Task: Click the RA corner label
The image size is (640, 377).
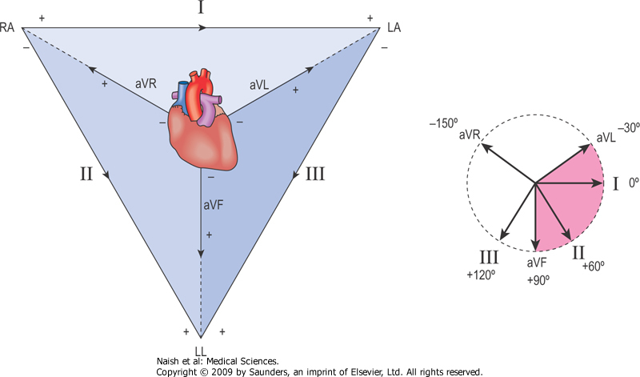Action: [x=10, y=27]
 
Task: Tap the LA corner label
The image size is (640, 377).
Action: [x=394, y=28]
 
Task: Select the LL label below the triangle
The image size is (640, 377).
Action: [x=200, y=351]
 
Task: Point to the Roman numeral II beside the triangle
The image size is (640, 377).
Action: [x=88, y=174]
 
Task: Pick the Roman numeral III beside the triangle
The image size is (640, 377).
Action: [x=315, y=174]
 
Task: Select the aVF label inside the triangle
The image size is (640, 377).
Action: [x=213, y=206]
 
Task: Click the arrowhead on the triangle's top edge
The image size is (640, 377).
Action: [x=203, y=27]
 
